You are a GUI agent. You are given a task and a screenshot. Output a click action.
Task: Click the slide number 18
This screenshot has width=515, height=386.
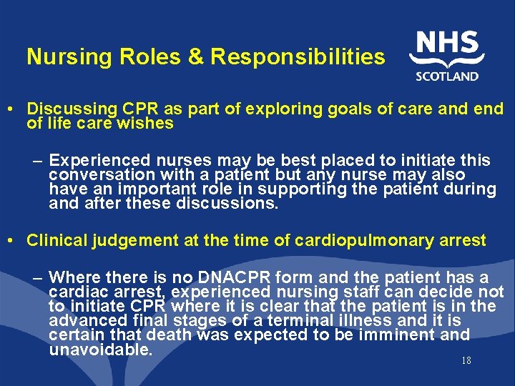pos(466,360)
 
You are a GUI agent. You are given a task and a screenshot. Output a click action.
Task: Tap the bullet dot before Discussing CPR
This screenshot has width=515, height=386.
pos(15,109)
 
